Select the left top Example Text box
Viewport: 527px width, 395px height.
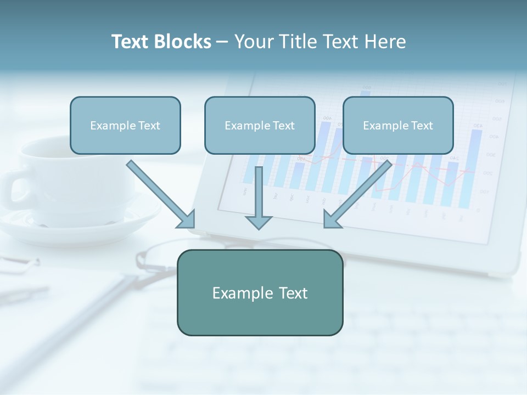click(x=125, y=125)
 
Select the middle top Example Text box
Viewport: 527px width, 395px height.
click(x=260, y=125)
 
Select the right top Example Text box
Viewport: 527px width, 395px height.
click(x=398, y=125)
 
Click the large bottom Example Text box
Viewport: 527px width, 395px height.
click(x=260, y=292)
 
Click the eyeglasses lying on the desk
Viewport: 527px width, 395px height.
click(x=159, y=258)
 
